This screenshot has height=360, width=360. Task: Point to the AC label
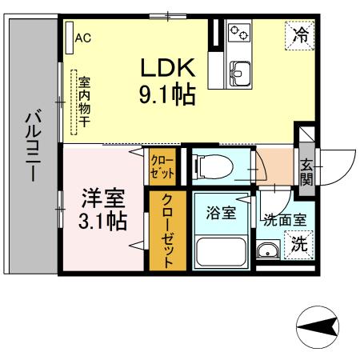click(82, 37)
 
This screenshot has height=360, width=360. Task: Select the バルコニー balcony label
click(33, 147)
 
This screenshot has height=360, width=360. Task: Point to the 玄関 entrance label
click(307, 170)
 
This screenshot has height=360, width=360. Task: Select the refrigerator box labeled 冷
click(298, 35)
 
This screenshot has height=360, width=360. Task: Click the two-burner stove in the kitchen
click(239, 33)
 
